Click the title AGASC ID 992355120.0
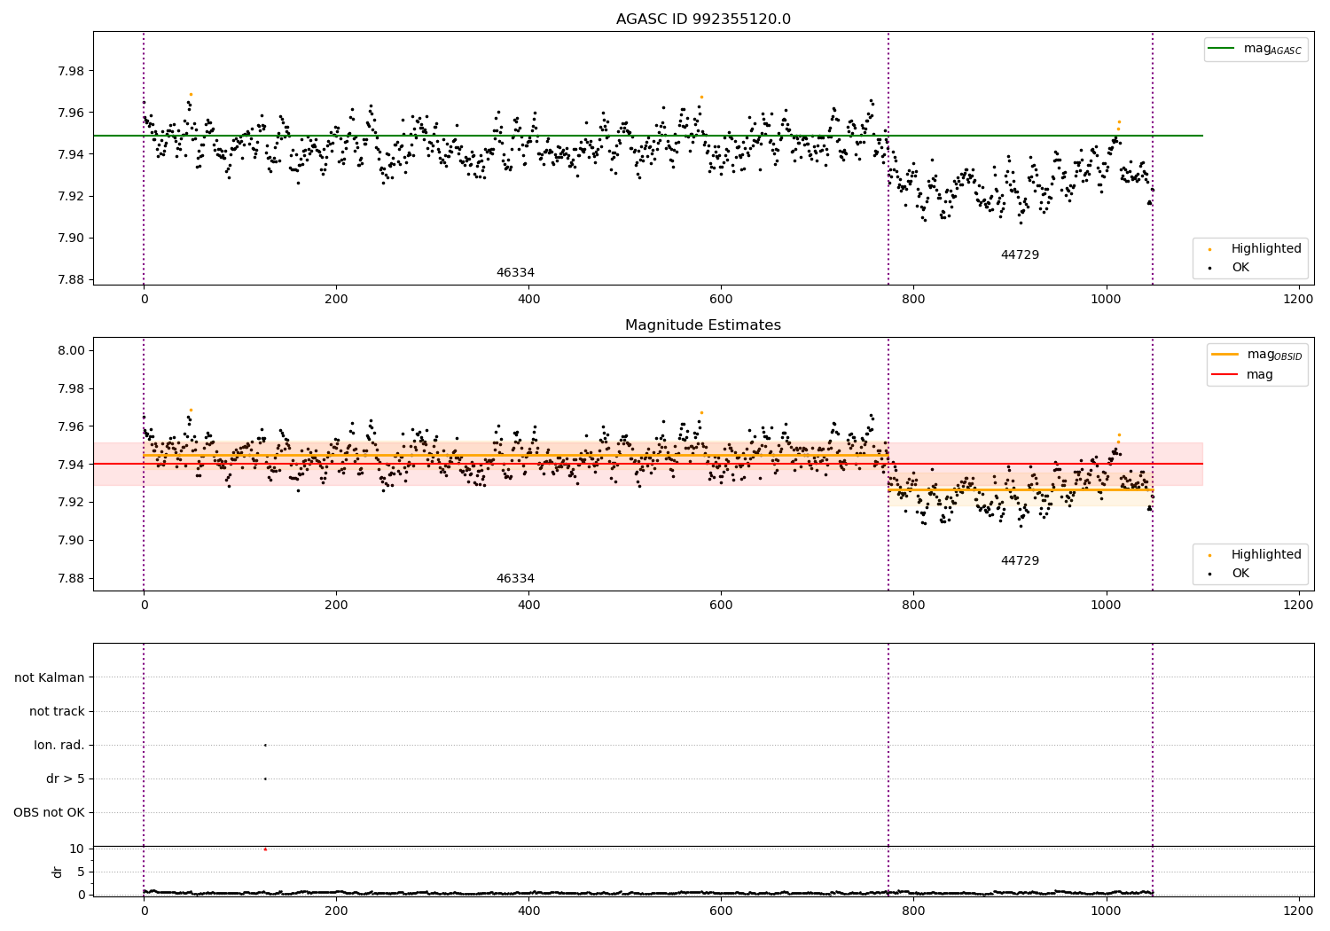(703, 20)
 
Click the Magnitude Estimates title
(703, 325)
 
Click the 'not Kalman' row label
(50, 677)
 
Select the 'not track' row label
(57, 711)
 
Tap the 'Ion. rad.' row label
(59, 745)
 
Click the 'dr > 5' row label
(66, 778)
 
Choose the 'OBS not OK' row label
(50, 812)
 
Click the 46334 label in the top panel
(515, 273)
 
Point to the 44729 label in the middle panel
(1020, 561)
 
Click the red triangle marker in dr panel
(265, 849)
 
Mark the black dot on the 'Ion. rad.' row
(265, 745)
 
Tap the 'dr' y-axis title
(58, 872)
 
